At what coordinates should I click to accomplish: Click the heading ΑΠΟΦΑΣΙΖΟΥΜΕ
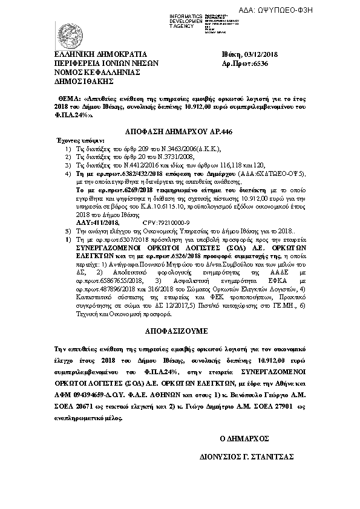(x=179, y=332)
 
